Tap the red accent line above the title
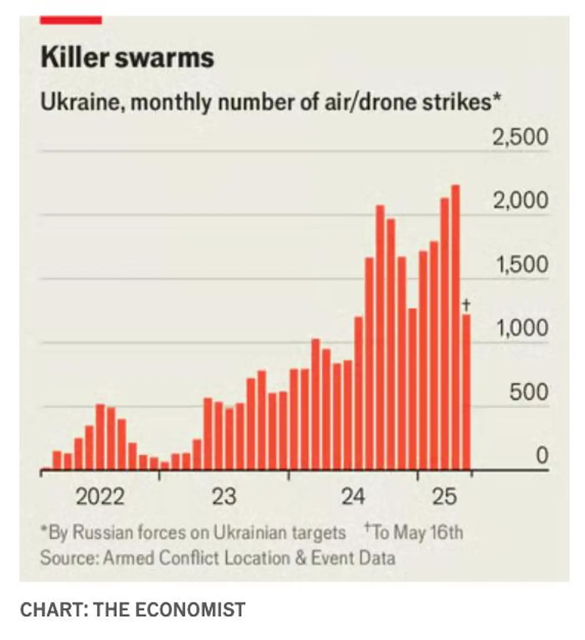(71, 20)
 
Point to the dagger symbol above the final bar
(467, 305)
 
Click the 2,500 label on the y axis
(520, 137)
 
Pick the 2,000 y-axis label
(520, 201)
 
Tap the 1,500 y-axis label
(521, 264)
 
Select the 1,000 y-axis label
(521, 328)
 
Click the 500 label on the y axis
(528, 392)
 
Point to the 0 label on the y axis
(542, 455)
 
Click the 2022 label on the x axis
(100, 497)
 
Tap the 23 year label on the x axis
(224, 497)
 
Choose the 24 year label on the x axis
(353, 497)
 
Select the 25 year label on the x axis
(445, 497)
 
